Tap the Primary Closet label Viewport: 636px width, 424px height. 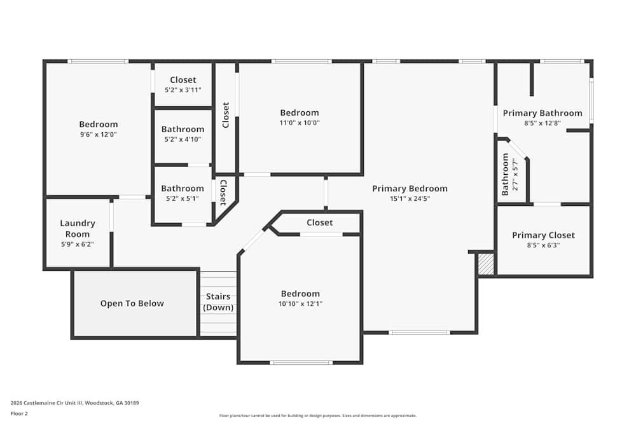click(x=543, y=235)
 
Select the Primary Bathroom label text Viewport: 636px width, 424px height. click(x=543, y=113)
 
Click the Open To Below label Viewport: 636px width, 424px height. click(x=132, y=303)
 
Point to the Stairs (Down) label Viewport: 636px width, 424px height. click(x=218, y=302)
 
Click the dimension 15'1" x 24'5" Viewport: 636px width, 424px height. click(x=410, y=198)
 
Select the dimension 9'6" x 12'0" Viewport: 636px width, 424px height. click(x=99, y=134)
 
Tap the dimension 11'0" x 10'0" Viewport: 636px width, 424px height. click(x=300, y=123)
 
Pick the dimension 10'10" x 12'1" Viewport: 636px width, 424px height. click(x=300, y=304)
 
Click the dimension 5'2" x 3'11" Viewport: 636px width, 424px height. click(x=183, y=90)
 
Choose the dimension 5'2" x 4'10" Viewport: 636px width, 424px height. click(x=183, y=139)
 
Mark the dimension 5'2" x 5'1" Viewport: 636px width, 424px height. click(x=183, y=198)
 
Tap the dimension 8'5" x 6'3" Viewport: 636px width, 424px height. click(x=543, y=245)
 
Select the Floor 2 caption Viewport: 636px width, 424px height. click(x=20, y=413)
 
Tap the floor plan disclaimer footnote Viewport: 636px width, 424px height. click(x=319, y=416)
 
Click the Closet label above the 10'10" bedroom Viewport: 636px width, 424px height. click(x=319, y=222)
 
